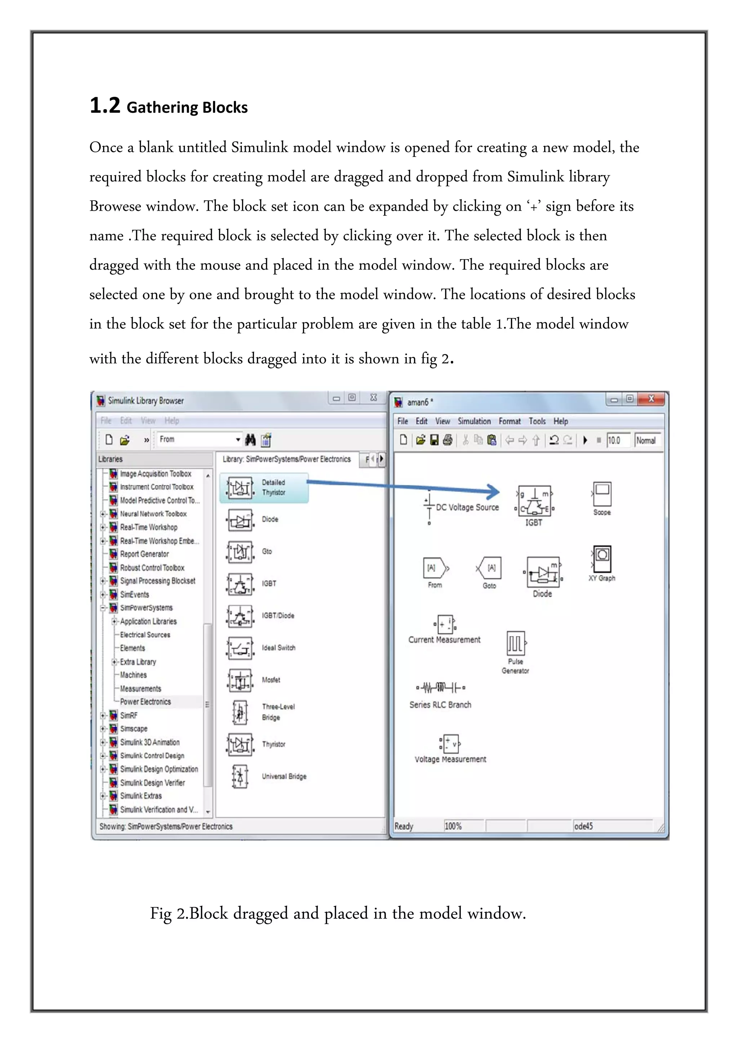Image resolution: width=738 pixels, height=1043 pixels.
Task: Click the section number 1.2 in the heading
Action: tap(105, 105)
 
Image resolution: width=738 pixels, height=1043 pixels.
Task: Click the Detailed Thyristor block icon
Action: tap(240, 487)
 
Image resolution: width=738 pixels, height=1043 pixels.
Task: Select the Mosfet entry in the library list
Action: tap(271, 680)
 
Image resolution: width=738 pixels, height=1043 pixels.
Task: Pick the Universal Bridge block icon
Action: tap(240, 776)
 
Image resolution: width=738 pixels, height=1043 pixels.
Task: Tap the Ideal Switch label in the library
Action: tap(278, 647)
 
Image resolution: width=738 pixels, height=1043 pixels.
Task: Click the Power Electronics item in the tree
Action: tap(145, 701)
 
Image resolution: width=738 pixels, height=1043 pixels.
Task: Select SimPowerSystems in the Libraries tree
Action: tap(146, 607)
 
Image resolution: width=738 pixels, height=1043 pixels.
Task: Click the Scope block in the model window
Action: tap(602, 494)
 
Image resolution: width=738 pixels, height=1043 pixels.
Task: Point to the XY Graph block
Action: tap(602, 559)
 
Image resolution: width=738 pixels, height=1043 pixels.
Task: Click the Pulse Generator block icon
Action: tap(516, 643)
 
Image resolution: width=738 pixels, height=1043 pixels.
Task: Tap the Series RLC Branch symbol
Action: tap(440, 687)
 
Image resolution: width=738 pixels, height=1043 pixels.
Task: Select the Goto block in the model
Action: tap(489, 568)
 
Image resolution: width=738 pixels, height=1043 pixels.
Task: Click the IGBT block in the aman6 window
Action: tap(534, 500)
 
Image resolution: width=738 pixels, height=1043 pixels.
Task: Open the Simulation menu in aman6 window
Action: tap(474, 421)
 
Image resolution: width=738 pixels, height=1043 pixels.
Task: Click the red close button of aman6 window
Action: tap(651, 399)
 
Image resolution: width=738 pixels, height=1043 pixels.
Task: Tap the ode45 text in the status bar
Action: tap(583, 826)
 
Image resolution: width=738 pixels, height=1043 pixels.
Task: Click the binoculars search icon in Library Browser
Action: tap(250, 439)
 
